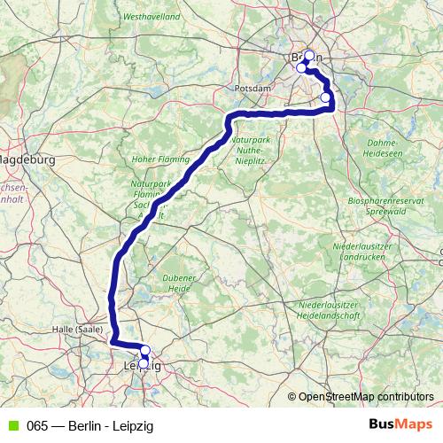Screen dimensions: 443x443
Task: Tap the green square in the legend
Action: click(x=12, y=425)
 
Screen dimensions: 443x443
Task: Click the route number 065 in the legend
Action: click(x=37, y=425)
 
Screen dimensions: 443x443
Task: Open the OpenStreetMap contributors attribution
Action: click(x=365, y=397)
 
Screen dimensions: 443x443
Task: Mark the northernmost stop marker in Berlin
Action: click(x=309, y=55)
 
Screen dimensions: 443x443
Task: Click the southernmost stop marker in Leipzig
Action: click(x=144, y=363)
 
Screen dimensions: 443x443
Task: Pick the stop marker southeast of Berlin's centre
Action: click(x=325, y=97)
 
